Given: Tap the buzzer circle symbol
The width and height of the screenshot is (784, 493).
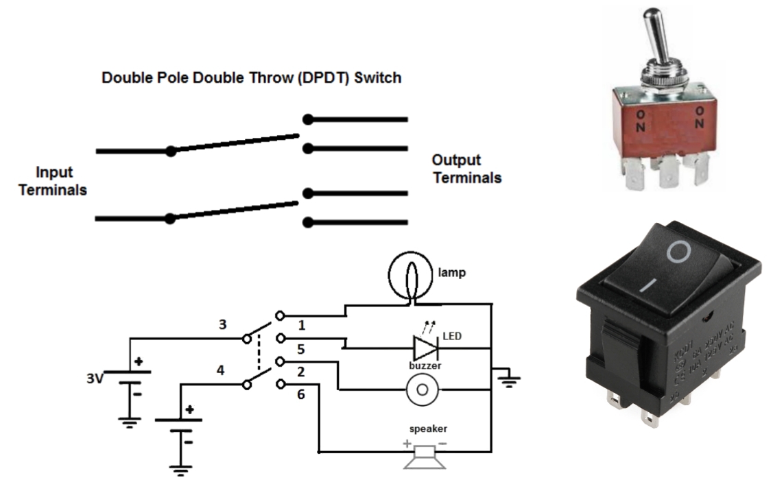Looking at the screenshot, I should point(423,390).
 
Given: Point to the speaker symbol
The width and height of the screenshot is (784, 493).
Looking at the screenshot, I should point(425,455).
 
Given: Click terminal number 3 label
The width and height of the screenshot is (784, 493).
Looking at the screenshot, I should point(221,323).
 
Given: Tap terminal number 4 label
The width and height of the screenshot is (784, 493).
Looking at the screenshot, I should point(220,371).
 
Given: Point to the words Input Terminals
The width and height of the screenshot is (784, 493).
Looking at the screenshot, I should point(53,181).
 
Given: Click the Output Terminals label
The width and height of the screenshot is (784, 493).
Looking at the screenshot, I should point(466,169).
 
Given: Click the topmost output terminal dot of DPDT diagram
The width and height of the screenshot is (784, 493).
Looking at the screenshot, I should point(309,119).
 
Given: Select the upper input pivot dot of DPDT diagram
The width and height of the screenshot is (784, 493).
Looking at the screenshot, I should point(171,151).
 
